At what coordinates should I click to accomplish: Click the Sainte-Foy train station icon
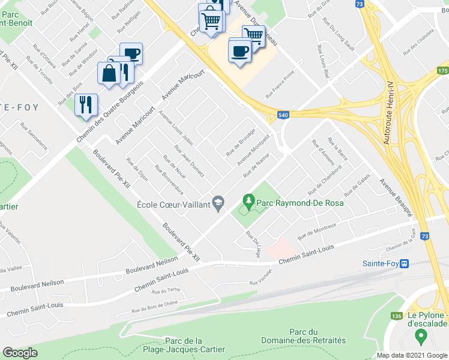coord(405,263)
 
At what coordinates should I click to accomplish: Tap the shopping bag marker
coord(109,74)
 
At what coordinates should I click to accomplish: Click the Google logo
coord(20,353)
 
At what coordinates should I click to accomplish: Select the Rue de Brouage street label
coord(241,143)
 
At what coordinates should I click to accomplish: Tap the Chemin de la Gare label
coord(402,245)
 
